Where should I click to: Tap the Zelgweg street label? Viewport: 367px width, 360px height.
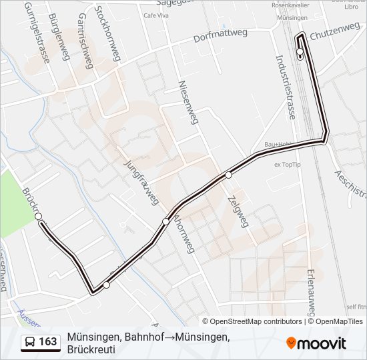(x=237, y=211)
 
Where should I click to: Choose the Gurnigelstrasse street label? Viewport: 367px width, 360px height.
(x=37, y=32)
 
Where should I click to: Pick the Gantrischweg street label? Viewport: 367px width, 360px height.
(x=84, y=41)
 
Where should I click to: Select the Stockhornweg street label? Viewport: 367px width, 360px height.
(x=107, y=33)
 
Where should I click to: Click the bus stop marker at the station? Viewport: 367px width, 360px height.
(x=300, y=52)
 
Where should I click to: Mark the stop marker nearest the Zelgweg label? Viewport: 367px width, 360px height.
(x=228, y=175)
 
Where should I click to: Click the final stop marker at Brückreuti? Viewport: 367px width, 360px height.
(x=39, y=217)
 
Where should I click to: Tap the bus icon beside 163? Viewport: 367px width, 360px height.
(x=30, y=342)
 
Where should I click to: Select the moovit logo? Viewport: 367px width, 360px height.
(x=316, y=343)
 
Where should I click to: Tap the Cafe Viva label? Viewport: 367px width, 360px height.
(x=155, y=15)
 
